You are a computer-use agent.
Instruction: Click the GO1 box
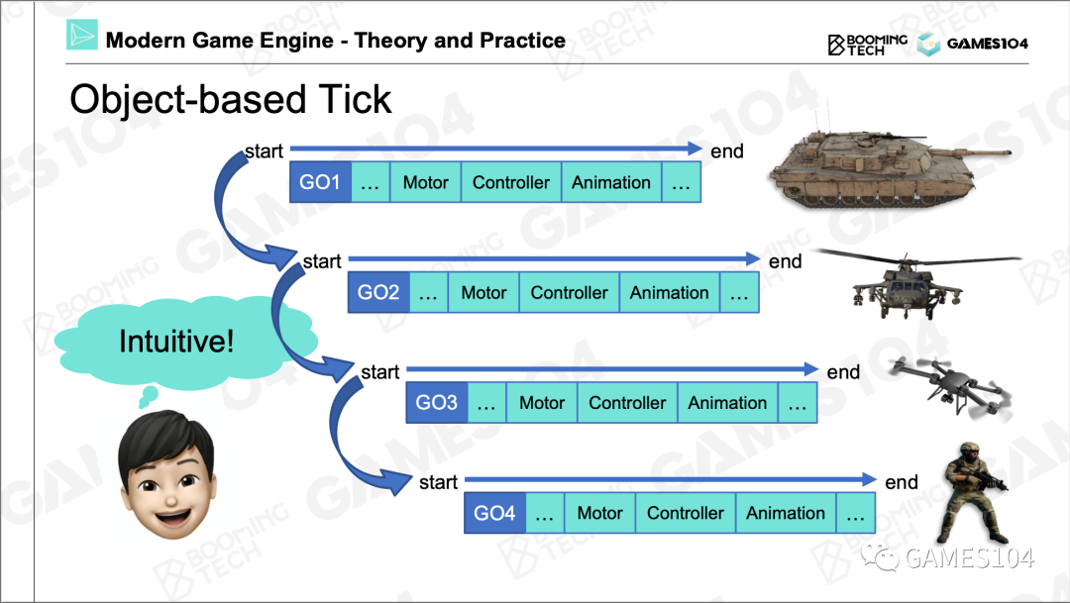click(x=320, y=183)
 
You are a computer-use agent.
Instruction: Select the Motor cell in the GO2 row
click(x=483, y=293)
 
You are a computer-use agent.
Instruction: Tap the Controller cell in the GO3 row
click(x=627, y=403)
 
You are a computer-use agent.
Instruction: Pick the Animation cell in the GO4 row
click(x=785, y=513)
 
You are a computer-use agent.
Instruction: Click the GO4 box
click(x=494, y=513)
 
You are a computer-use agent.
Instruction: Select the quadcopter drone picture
click(x=947, y=388)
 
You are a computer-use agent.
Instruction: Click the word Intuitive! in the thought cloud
click(x=176, y=343)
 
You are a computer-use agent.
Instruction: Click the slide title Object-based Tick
click(x=231, y=100)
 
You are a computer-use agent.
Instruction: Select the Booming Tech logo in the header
click(x=867, y=44)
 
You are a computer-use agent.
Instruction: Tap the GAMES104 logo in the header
click(x=972, y=44)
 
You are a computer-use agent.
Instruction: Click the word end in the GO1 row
click(x=727, y=151)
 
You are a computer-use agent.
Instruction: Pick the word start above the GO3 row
click(x=379, y=372)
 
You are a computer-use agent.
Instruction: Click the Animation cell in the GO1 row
click(x=611, y=183)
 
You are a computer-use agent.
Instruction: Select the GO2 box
click(x=378, y=293)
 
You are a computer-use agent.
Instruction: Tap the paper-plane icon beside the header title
click(x=82, y=36)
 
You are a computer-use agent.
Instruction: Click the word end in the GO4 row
click(x=902, y=482)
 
